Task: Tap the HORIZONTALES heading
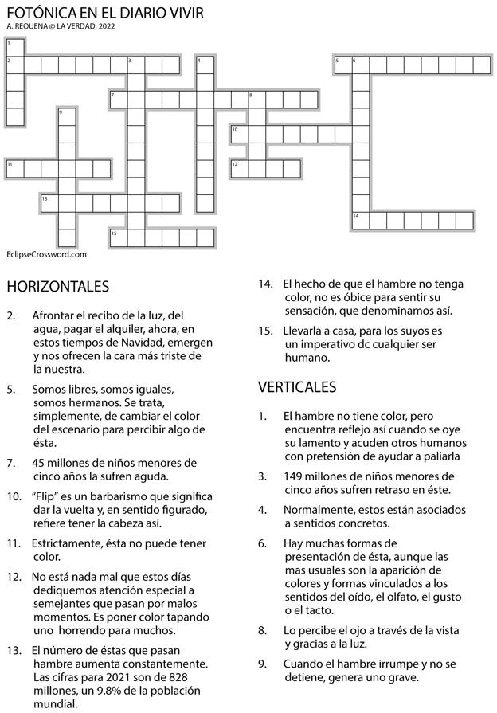[57, 286]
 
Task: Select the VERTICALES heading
[297, 387]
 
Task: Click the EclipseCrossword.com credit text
[45, 255]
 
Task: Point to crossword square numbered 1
[14, 46]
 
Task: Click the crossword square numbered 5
[342, 64]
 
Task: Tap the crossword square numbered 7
[118, 99]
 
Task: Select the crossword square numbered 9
[66, 116]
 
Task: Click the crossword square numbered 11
[14, 168]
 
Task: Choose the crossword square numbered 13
[49, 203]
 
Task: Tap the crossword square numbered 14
[360, 221]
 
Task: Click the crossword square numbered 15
[118, 237]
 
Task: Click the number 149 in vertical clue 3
[294, 476]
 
